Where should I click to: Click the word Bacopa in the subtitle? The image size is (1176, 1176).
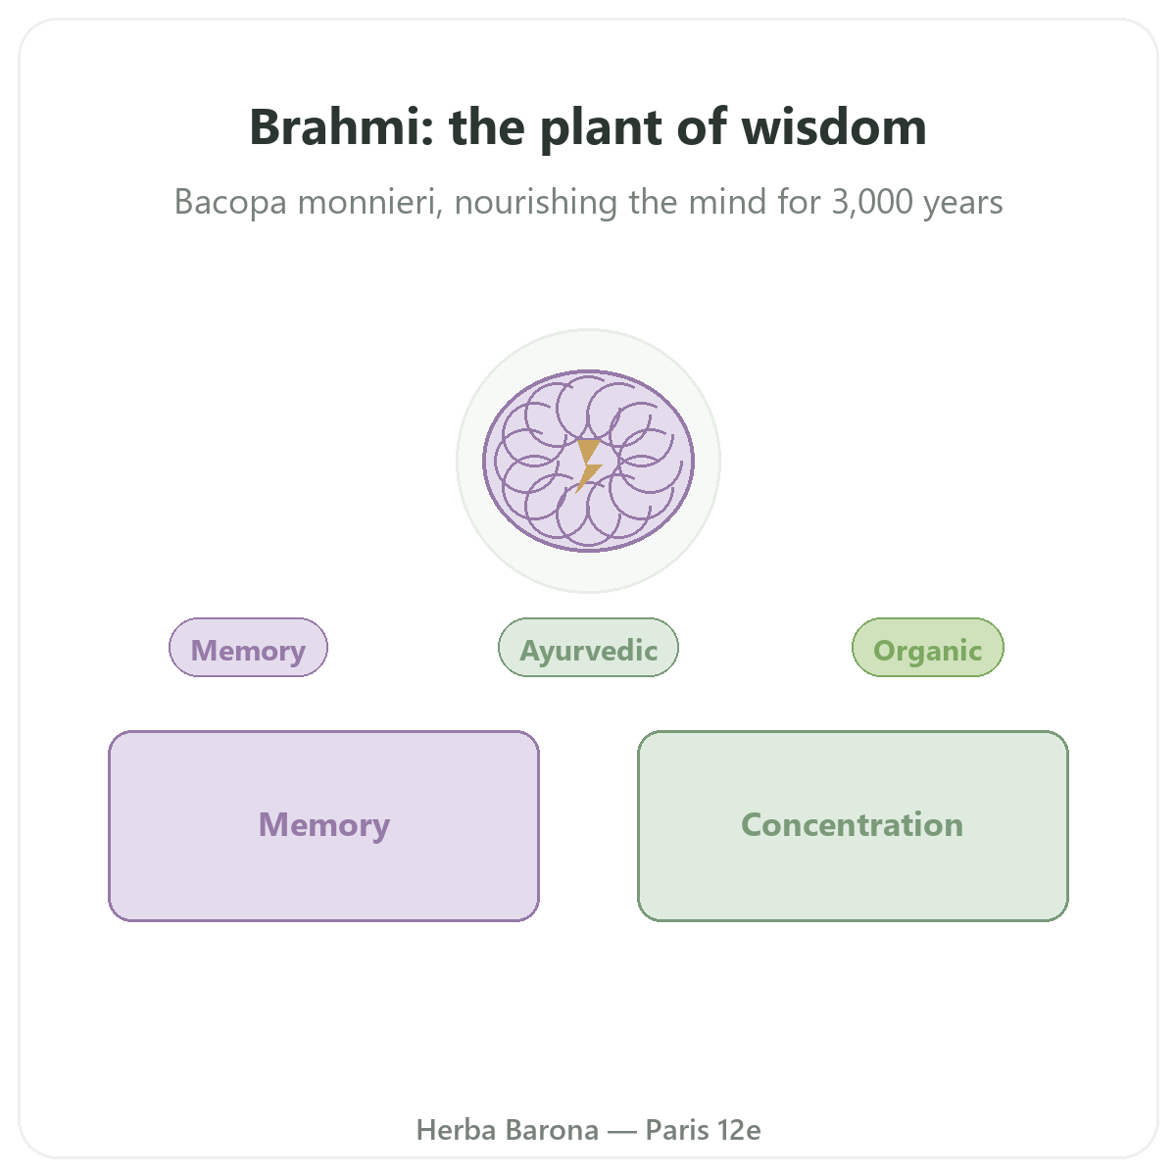(x=230, y=202)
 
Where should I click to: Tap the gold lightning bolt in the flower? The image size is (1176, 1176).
(x=589, y=465)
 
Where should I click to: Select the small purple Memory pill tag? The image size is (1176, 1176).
(x=248, y=647)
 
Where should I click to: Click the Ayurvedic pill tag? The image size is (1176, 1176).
(x=588, y=647)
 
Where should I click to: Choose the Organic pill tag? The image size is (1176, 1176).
(x=928, y=647)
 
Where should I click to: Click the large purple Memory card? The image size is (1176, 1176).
(x=324, y=826)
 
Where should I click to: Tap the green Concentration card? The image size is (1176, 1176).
(x=853, y=826)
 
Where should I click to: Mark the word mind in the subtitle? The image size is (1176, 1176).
(x=727, y=202)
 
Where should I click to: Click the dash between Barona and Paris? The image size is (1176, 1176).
(x=622, y=1131)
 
